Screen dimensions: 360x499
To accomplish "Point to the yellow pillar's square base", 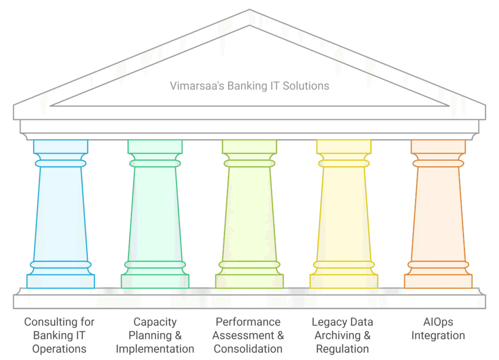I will point(344,281).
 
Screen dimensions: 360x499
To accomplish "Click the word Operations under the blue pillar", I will point(59,349).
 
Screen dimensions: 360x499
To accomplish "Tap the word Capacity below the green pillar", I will point(155,322).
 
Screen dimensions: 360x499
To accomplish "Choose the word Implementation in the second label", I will point(155,349).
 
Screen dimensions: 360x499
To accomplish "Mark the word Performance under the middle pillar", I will point(248,322).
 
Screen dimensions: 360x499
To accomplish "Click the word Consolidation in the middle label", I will point(248,349).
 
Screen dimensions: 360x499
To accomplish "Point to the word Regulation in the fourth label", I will point(342,349).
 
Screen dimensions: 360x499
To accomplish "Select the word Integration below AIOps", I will point(438,336).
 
